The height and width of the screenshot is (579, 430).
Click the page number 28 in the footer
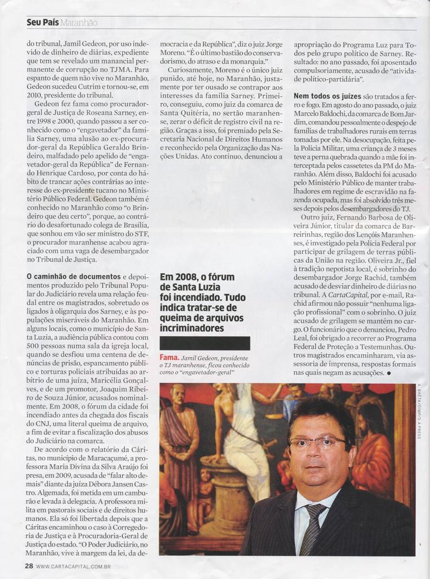point(29,565)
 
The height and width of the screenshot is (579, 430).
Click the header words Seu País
point(42,23)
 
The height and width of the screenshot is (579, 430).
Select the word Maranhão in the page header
point(79,23)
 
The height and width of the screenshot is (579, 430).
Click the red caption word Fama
point(170,358)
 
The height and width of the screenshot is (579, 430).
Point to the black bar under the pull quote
point(205,343)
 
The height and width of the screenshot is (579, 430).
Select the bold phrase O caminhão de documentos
point(73,276)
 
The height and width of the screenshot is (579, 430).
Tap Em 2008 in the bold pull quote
point(176,278)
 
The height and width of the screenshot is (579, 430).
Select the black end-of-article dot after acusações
point(389,374)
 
